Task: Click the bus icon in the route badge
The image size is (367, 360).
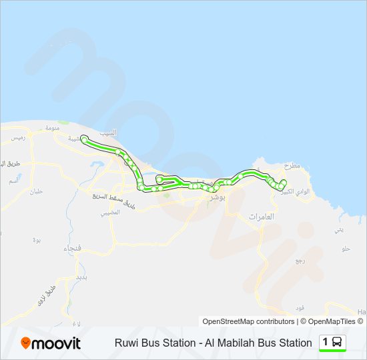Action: click(338, 343)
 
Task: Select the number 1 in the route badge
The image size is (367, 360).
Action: click(326, 343)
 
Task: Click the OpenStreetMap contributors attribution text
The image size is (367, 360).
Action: click(248, 321)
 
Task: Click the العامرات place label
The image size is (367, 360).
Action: click(261, 217)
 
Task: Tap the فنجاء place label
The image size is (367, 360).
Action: click(71, 249)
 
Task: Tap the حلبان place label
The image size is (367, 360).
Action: click(35, 191)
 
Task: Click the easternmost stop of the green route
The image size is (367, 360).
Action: click(284, 182)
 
